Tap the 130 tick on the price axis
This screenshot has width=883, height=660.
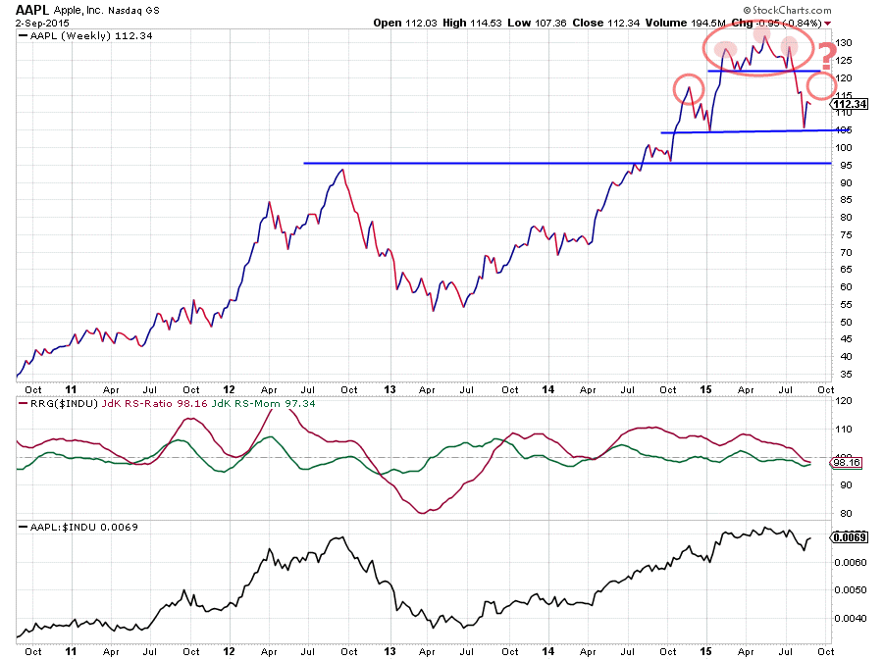(x=842, y=44)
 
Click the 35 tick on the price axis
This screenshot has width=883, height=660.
(x=842, y=375)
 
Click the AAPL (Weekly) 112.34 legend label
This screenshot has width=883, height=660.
(x=78, y=36)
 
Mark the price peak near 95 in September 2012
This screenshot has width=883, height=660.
(x=340, y=171)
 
